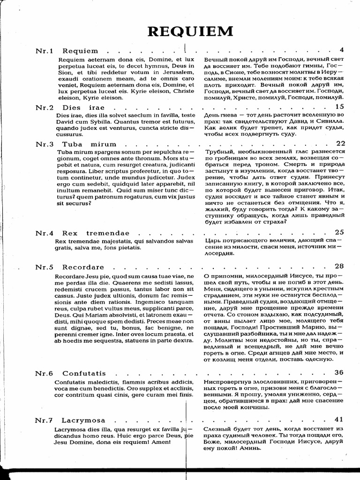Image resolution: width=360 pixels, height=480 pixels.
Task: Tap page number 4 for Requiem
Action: tap(342, 50)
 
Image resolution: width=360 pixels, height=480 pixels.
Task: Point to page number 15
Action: tap(340, 107)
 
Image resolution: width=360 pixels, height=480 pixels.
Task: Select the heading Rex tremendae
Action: tap(95, 233)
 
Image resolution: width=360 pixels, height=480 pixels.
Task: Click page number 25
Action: tap(340, 232)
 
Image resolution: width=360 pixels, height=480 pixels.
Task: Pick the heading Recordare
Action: tap(83, 267)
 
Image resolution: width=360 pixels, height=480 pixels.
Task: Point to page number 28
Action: tap(340, 266)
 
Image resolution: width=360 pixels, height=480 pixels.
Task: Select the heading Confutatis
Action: tap(84, 373)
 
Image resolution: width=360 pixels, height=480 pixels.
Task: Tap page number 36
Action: tap(340, 373)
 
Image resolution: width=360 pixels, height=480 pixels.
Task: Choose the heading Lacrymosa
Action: tap(83, 420)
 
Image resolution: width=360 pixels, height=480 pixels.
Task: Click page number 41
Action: tap(340, 419)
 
